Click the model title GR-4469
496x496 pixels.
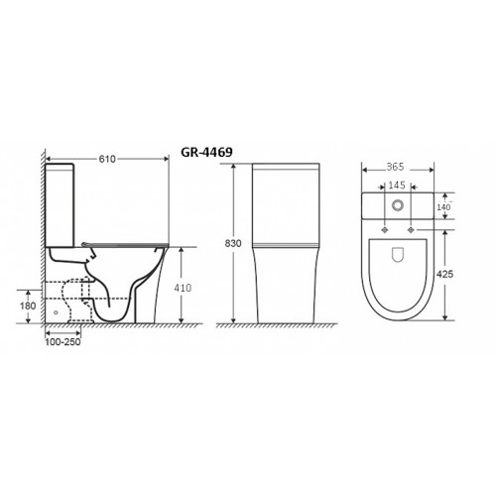click(x=206, y=152)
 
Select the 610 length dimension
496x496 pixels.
click(x=107, y=159)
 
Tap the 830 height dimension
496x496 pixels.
click(x=233, y=243)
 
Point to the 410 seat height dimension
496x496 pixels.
click(x=183, y=288)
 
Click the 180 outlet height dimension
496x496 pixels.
click(x=28, y=306)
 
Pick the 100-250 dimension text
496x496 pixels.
click(x=62, y=342)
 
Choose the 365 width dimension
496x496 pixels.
click(x=395, y=167)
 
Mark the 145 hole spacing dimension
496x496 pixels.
click(x=397, y=186)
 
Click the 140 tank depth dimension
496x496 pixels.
click(x=443, y=207)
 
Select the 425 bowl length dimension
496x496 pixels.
click(x=445, y=274)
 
